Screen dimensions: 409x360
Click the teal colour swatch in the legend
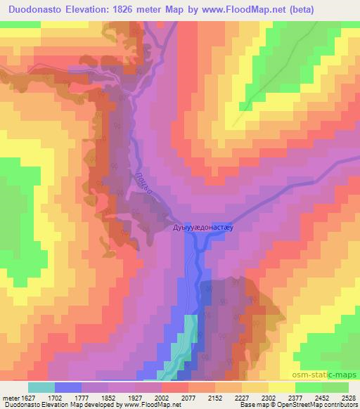(41, 387)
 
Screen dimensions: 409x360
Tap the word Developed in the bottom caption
(94, 405)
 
